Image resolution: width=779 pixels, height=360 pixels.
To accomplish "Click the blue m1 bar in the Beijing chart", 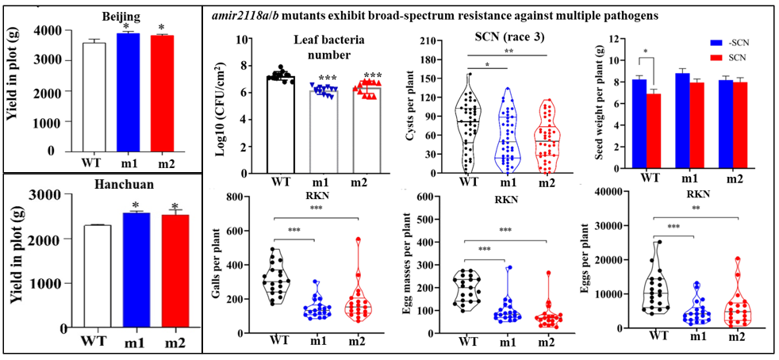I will pos(127,92).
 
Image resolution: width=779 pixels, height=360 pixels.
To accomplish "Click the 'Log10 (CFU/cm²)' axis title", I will pos(220,108).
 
